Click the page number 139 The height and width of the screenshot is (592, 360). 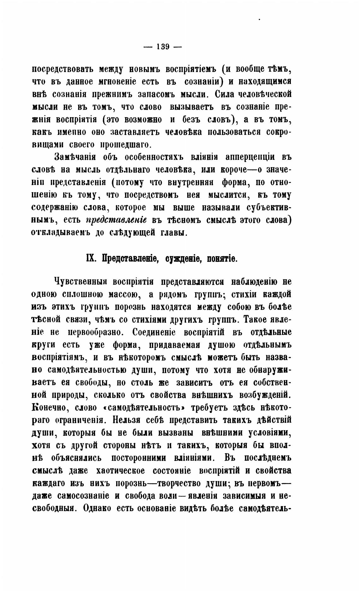click(163, 47)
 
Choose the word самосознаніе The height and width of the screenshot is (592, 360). click(83, 496)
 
